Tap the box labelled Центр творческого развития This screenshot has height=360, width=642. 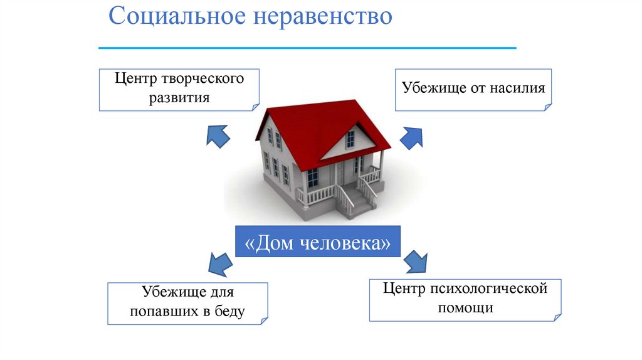[179, 89]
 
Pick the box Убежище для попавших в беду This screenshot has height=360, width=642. [187, 302]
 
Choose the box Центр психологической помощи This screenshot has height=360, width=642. [465, 299]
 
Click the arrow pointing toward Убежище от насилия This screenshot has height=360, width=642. [411, 136]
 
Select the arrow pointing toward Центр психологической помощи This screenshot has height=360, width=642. [415, 261]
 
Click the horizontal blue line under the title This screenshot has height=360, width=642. [307, 48]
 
